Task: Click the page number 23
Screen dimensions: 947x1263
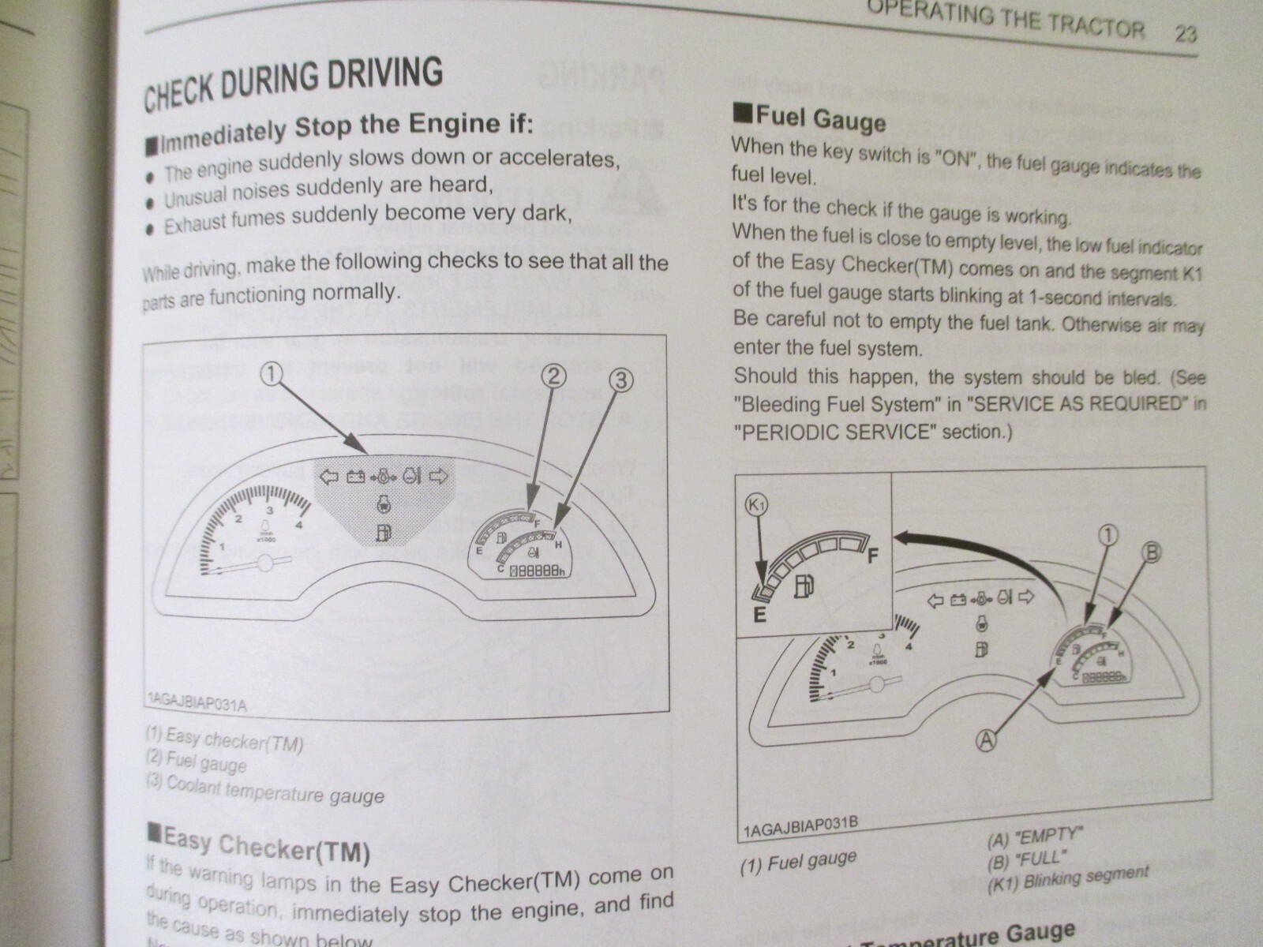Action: click(1185, 33)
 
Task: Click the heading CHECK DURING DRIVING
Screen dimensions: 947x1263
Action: click(293, 84)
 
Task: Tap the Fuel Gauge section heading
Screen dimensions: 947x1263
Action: click(811, 118)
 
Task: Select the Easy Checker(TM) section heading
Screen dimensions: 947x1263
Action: click(259, 844)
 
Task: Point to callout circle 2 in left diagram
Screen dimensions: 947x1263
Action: click(553, 377)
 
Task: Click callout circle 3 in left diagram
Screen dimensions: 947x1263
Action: click(621, 381)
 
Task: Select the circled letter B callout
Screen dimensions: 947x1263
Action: click(1151, 553)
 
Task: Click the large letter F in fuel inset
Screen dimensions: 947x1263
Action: click(873, 556)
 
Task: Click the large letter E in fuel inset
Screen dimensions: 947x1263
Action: click(759, 615)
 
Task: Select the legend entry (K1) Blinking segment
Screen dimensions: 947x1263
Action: click(1067, 878)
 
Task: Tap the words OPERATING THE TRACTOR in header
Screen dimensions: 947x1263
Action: click(1003, 20)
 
